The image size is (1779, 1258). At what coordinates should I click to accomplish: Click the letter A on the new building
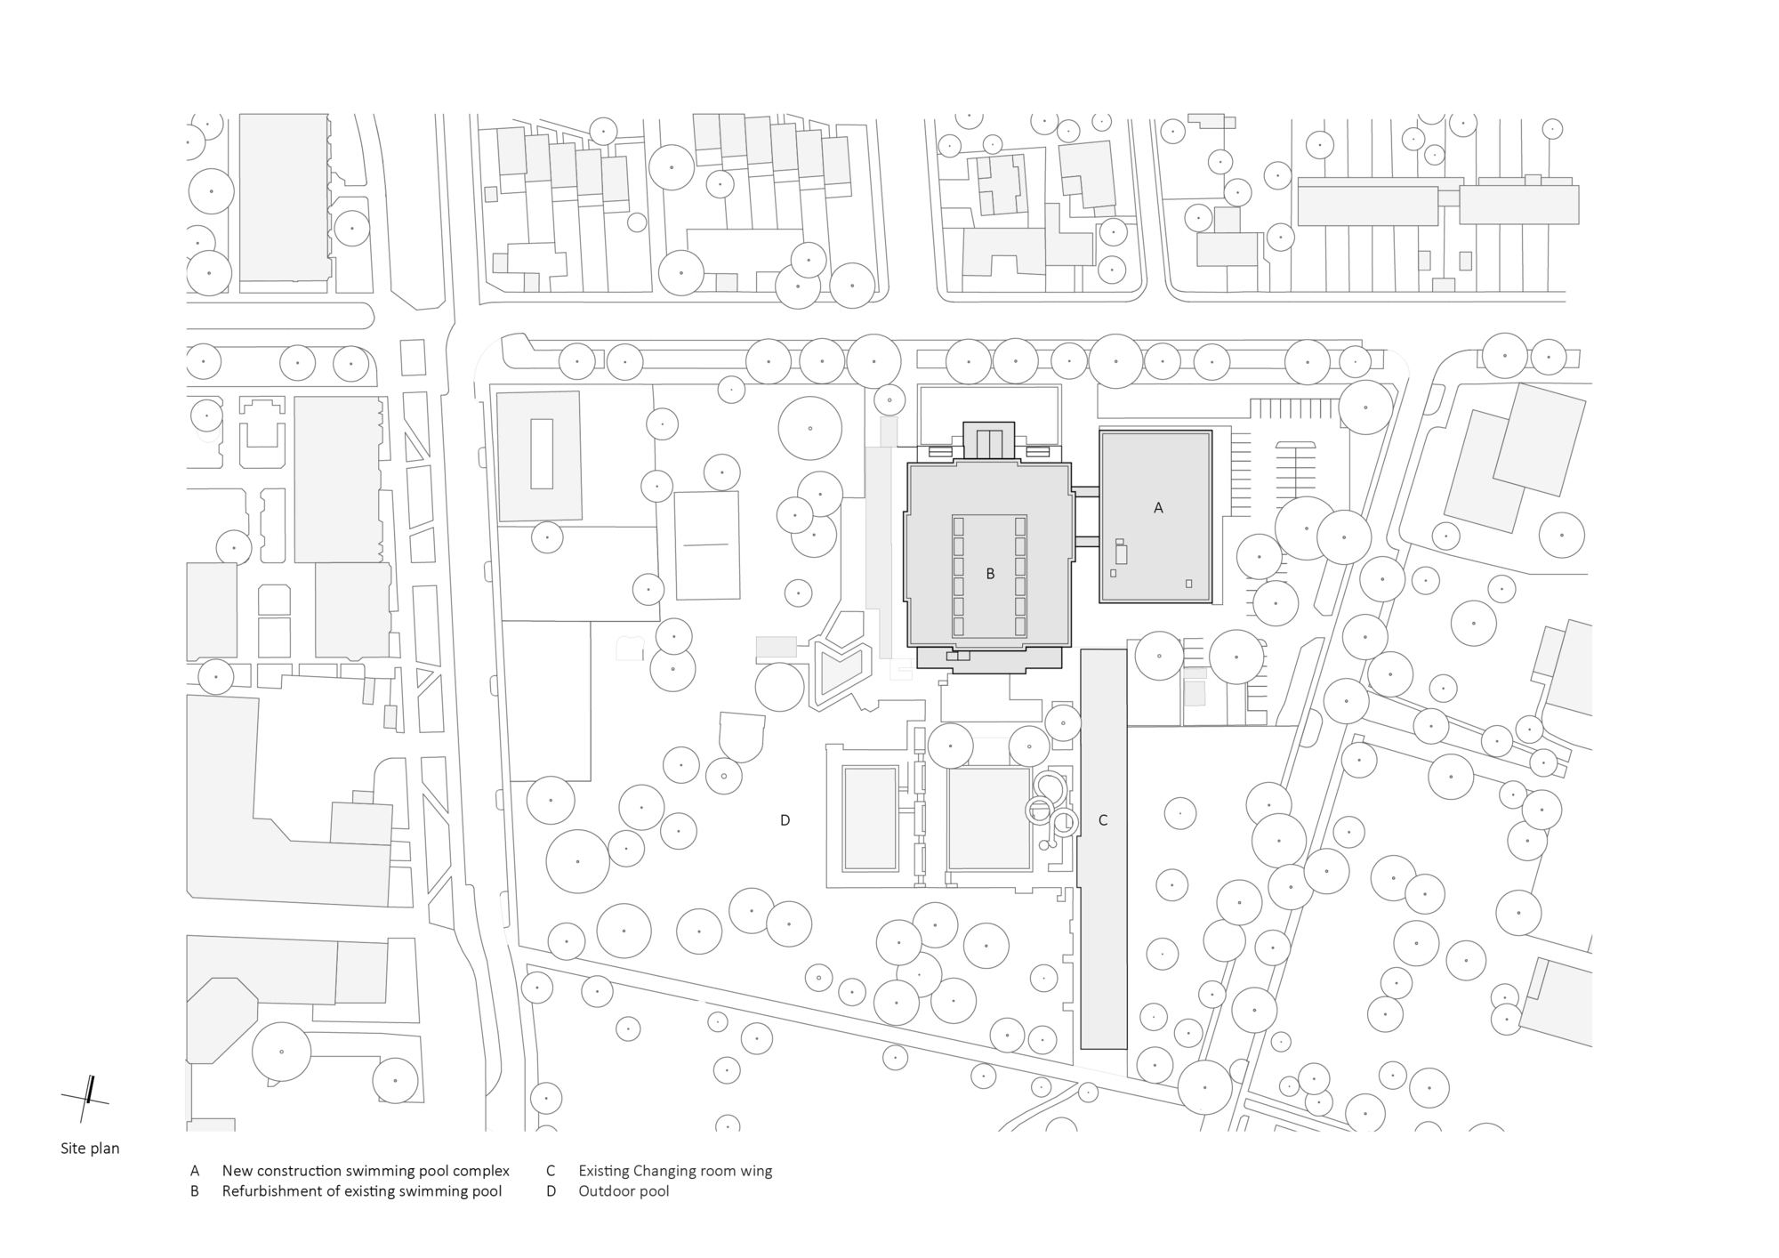point(1158,508)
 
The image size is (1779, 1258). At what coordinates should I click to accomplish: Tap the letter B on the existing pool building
point(990,575)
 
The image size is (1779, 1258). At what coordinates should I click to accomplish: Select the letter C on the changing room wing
point(1103,820)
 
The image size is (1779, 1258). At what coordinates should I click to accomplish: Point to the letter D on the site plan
point(785,820)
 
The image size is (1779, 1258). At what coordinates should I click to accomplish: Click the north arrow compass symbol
point(86,1098)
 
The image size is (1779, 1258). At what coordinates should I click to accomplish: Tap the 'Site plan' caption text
point(90,1149)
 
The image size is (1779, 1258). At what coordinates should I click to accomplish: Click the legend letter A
point(195,1171)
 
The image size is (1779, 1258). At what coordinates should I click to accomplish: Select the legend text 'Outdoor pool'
point(624,1191)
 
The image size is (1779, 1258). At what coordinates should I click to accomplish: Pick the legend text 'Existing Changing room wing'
point(675,1172)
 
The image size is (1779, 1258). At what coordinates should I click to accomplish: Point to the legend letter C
point(551,1171)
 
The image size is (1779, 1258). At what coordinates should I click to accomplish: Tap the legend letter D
point(551,1191)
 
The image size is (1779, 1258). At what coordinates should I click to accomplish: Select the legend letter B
point(195,1191)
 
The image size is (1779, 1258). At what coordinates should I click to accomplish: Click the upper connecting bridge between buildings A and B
point(1085,491)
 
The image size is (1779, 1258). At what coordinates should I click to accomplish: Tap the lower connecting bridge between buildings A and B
point(1085,541)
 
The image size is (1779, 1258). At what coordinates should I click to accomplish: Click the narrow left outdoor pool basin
point(870,819)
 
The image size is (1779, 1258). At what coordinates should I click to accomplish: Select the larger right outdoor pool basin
point(989,819)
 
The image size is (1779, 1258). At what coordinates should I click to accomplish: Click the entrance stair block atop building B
point(989,440)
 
